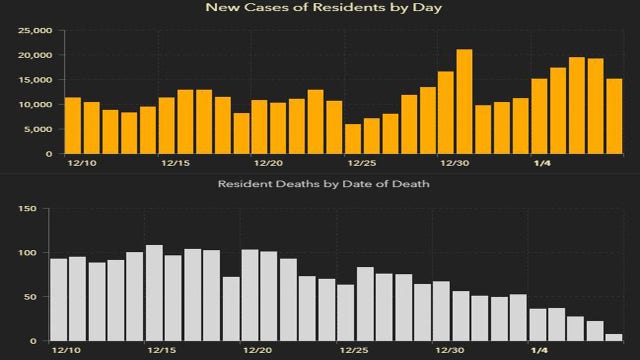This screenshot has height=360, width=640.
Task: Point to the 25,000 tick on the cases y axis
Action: (x=35, y=30)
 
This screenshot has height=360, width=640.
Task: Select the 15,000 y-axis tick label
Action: (x=35, y=80)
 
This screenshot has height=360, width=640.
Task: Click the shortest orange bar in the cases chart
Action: (x=353, y=139)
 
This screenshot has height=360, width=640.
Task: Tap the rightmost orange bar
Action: (x=613, y=116)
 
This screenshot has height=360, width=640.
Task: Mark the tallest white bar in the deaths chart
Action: (x=154, y=293)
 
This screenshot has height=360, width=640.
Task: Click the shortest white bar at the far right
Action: (x=613, y=337)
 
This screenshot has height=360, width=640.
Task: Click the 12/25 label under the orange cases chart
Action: (x=361, y=162)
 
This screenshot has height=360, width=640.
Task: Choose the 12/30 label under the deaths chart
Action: (x=449, y=350)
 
